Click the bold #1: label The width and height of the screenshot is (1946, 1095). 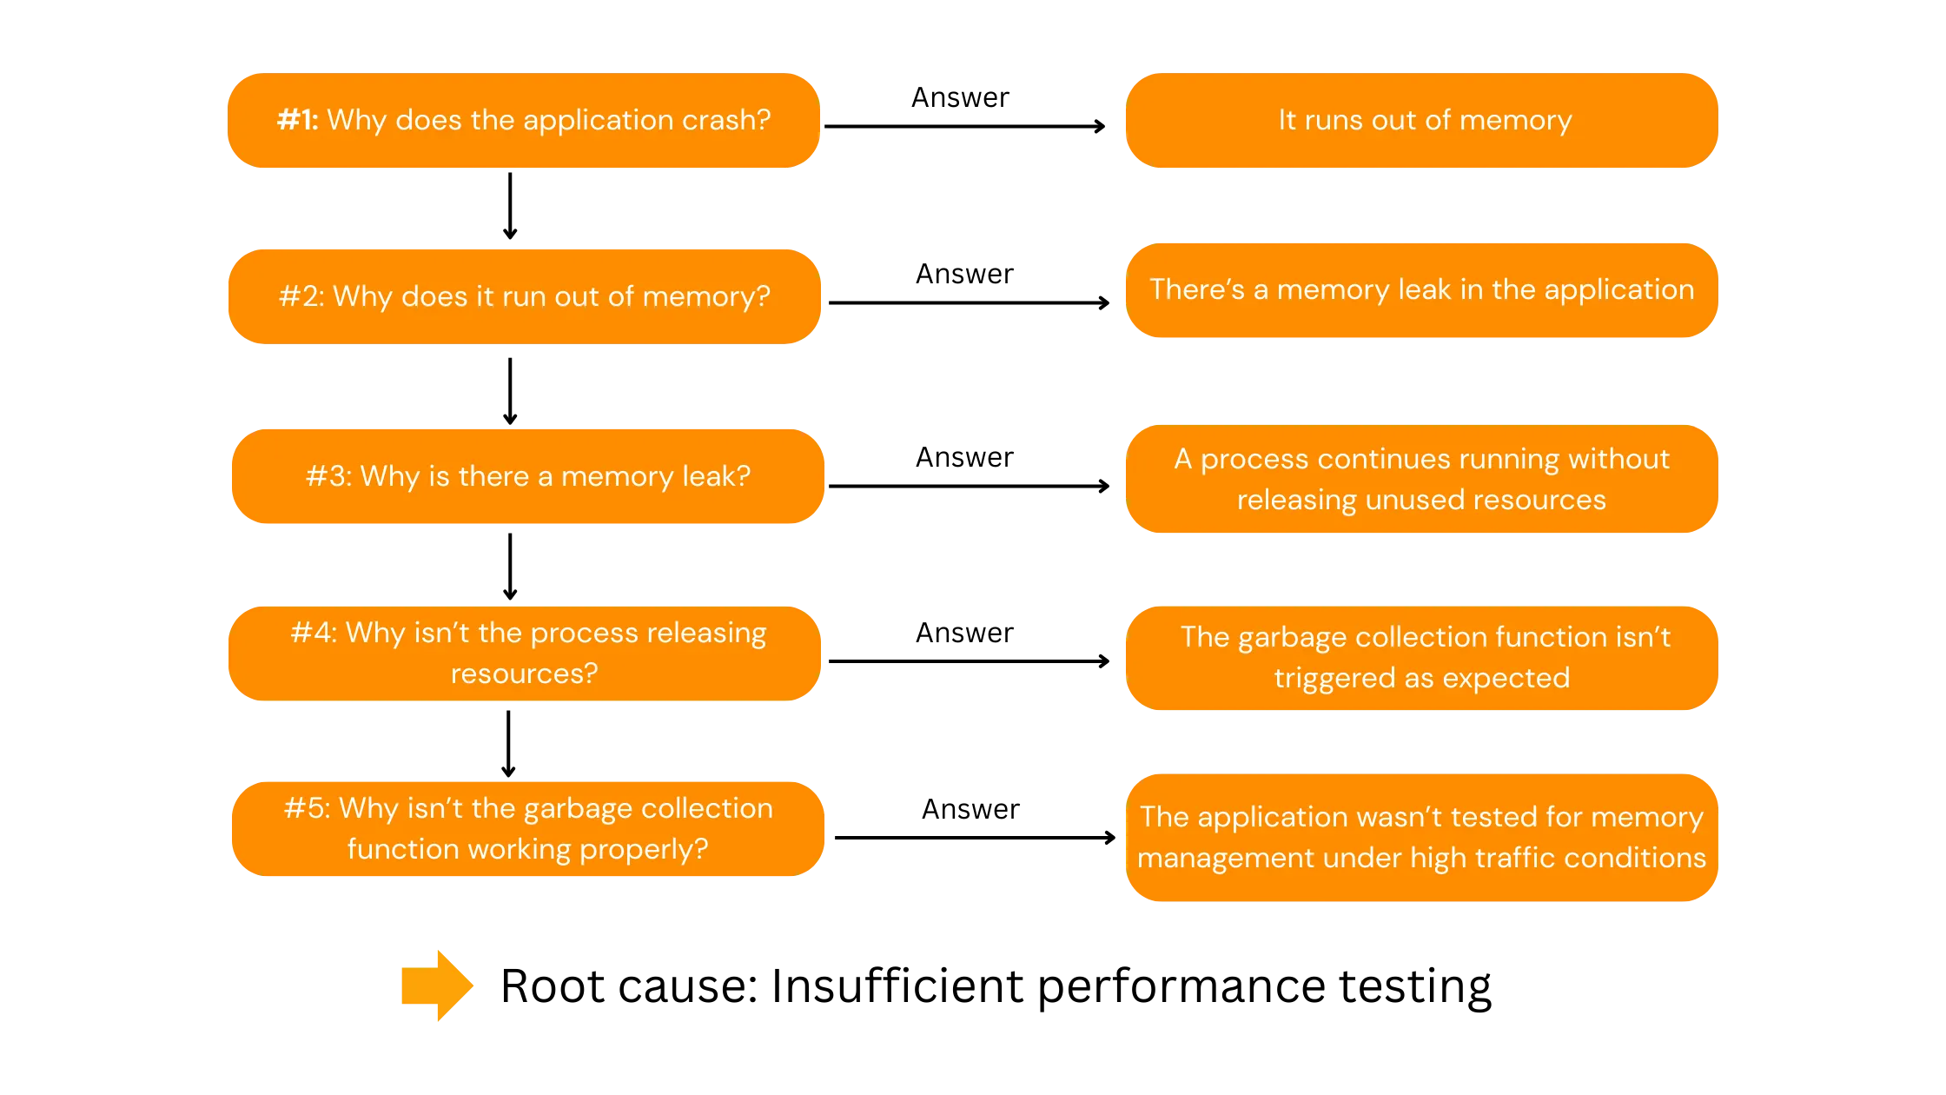[x=298, y=120]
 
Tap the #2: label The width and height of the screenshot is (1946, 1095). [x=301, y=296]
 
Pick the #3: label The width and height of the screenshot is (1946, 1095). [x=328, y=476]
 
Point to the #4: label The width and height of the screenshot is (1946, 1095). [x=314, y=633]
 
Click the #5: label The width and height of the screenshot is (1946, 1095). [x=307, y=808]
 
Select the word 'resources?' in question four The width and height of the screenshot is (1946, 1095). [x=524, y=674]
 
